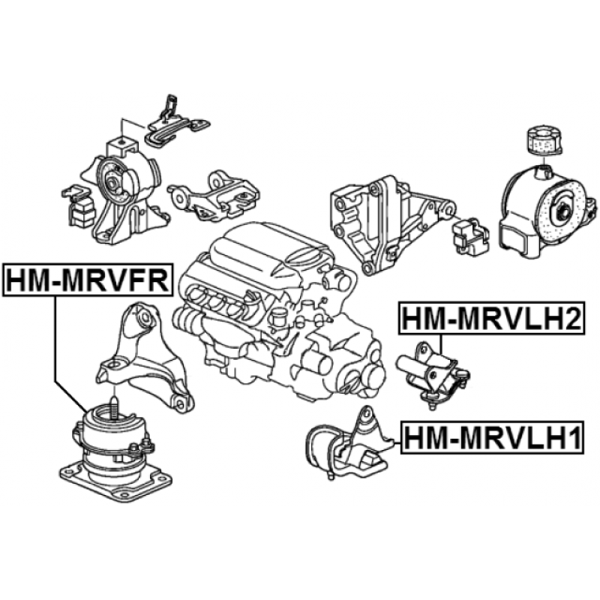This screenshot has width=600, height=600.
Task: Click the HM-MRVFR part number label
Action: click(87, 280)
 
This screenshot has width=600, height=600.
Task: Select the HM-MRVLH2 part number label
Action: click(492, 318)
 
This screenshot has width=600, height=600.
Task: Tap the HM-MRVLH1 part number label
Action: click(493, 437)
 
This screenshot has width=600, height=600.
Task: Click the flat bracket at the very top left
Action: click(177, 122)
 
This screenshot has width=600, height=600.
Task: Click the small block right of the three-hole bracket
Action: click(471, 237)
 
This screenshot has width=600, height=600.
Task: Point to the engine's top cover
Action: click(264, 253)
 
